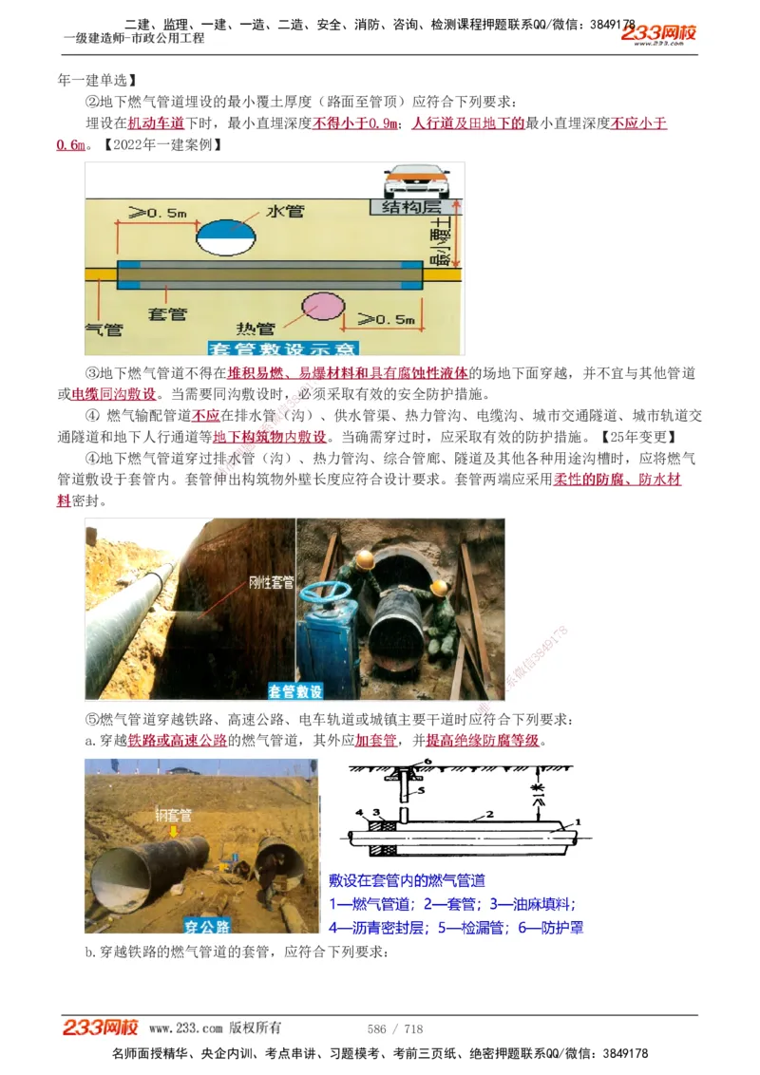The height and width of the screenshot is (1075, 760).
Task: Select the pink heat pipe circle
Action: click(x=319, y=310)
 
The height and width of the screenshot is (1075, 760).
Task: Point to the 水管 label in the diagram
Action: click(x=285, y=211)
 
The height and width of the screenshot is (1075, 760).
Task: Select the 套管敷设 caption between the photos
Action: click(x=295, y=690)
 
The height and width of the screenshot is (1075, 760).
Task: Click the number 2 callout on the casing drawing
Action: click(x=488, y=814)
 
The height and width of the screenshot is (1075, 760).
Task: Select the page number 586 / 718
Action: click(x=394, y=1028)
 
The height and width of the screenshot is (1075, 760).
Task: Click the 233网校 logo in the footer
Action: click(x=101, y=1028)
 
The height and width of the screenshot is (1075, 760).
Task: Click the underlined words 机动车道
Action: click(x=156, y=123)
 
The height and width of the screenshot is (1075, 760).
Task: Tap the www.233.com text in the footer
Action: click(x=186, y=1028)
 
